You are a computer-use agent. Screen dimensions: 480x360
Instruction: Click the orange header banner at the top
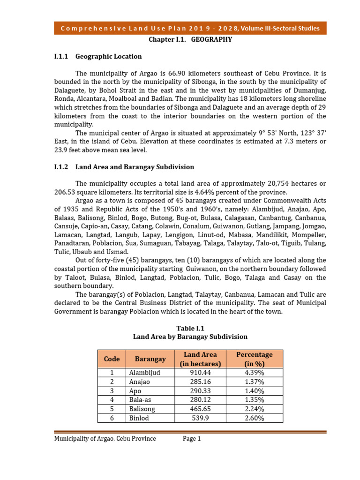point(190,28)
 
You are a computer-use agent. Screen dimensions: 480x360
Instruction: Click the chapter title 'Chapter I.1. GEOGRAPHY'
point(190,40)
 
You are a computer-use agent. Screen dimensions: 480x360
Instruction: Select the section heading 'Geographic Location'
point(108,57)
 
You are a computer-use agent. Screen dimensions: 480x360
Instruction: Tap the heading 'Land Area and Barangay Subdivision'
point(135,167)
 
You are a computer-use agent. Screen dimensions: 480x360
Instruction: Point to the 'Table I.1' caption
point(190,328)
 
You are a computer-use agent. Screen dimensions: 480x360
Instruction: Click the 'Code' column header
point(112,359)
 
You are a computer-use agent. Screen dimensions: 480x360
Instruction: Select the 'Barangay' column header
point(150,359)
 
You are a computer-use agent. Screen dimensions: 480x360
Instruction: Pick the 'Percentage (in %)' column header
point(254,359)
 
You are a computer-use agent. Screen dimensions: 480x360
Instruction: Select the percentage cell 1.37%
point(254,382)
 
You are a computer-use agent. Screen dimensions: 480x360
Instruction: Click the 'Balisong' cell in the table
point(142,409)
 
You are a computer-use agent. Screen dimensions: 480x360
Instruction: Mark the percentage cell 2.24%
point(254,409)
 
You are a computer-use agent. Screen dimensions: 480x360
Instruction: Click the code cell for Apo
point(112,391)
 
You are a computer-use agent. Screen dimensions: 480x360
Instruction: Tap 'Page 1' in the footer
point(192,439)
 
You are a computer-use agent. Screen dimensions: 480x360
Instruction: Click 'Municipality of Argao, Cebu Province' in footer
point(105,439)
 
